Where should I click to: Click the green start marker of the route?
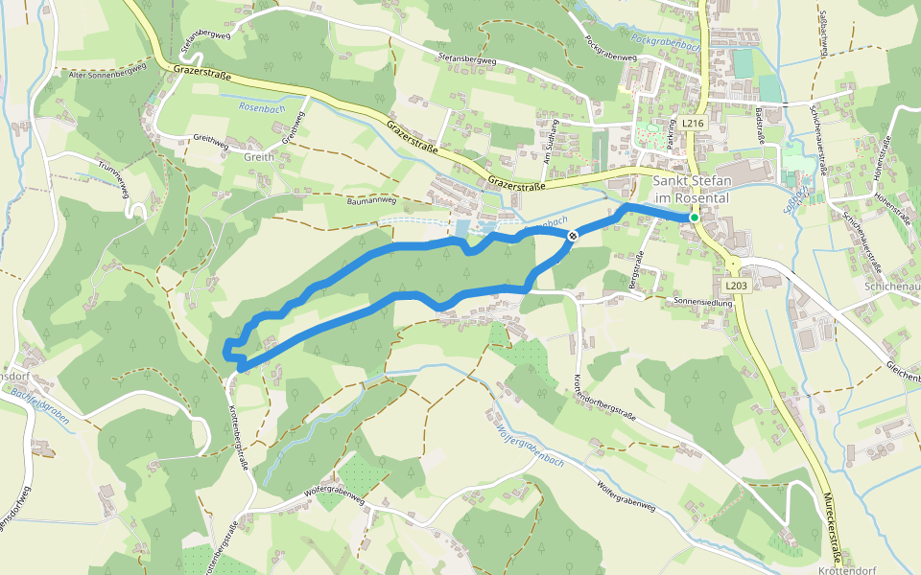[694, 218]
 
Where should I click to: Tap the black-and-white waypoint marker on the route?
[573, 236]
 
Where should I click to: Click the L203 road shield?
[736, 286]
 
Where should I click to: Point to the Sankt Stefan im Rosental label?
[691, 190]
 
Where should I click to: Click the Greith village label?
[259, 156]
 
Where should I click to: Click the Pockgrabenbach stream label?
[666, 40]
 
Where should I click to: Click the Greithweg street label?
[211, 140]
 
